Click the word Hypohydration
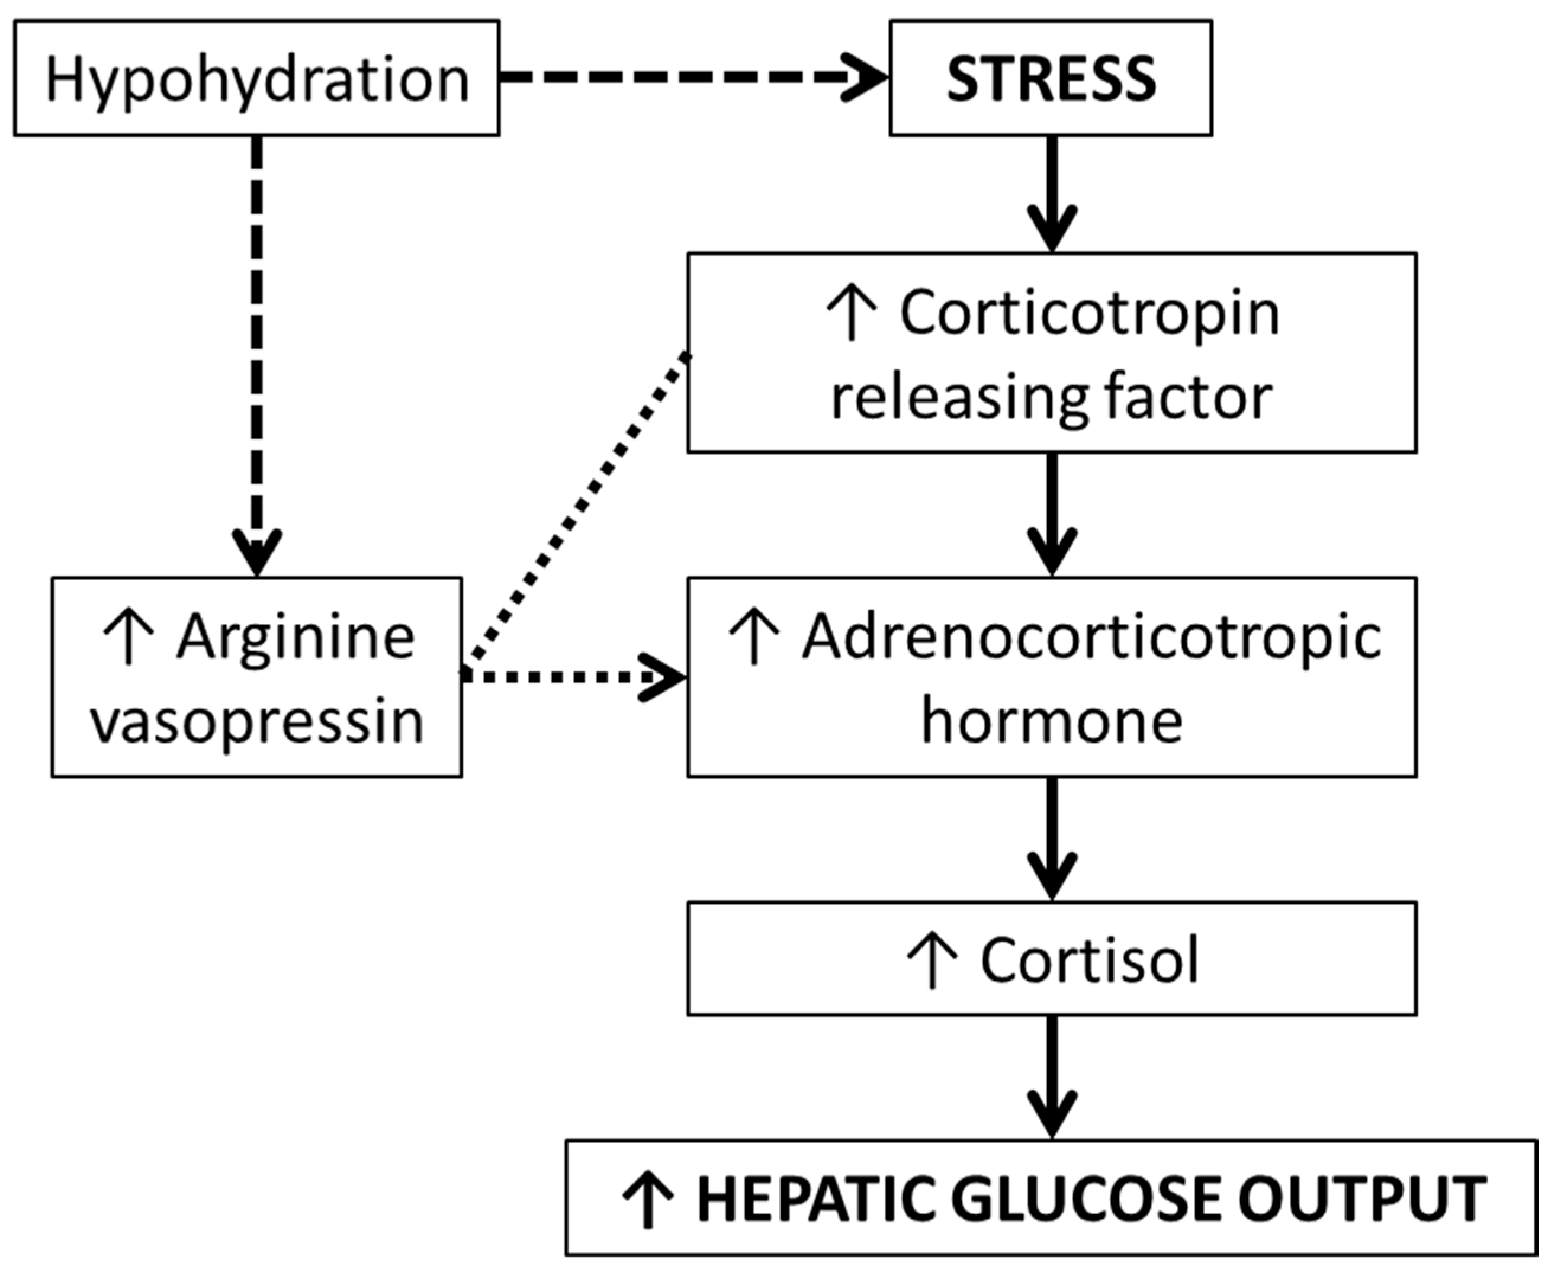256,79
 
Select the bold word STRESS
1051,78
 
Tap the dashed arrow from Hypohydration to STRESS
693,76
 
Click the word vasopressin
256,722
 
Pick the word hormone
1052,722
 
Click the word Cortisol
1090,960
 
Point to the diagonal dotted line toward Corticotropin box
576,510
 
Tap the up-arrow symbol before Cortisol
932,960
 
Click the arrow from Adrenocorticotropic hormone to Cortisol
1052,838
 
